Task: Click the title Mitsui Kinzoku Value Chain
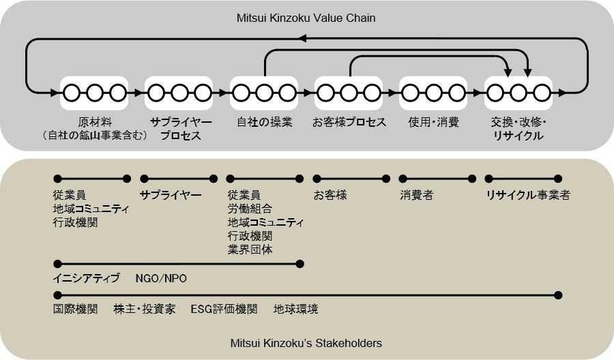pos(306,18)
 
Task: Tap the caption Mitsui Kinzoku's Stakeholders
pos(306,343)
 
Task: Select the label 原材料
pos(95,122)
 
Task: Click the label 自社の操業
pos(264,122)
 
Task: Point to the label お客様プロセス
pos(349,122)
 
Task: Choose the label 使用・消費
pos(433,122)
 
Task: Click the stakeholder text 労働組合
pos(250,209)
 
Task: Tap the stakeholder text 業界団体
pos(250,250)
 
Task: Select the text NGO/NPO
pos(161,279)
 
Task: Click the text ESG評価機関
pos(224,309)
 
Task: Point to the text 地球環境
pos(295,309)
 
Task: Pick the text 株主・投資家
pos(145,309)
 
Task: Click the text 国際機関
pos(75,309)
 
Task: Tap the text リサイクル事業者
pos(528,195)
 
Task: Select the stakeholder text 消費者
pos(417,195)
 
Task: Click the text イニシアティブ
pos(86,279)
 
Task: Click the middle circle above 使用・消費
pos(433,93)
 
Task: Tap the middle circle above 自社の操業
pos(264,93)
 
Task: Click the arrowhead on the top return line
pos(302,38)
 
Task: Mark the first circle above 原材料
pos(72,93)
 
